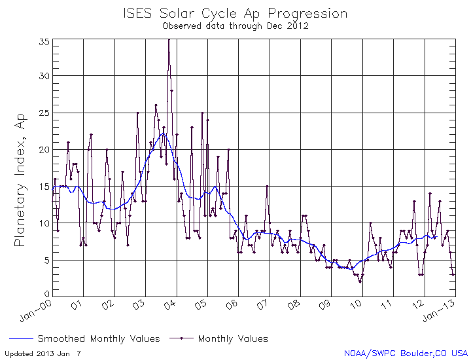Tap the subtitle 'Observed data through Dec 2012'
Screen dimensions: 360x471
point(235,26)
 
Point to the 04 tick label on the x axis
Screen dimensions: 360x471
point(171,304)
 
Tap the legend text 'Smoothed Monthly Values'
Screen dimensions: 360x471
point(99,339)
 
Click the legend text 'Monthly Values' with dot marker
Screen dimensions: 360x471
point(233,339)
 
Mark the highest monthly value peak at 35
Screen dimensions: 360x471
point(169,41)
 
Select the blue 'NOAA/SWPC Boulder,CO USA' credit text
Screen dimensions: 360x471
point(406,353)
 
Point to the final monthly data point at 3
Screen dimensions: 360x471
point(453,274)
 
